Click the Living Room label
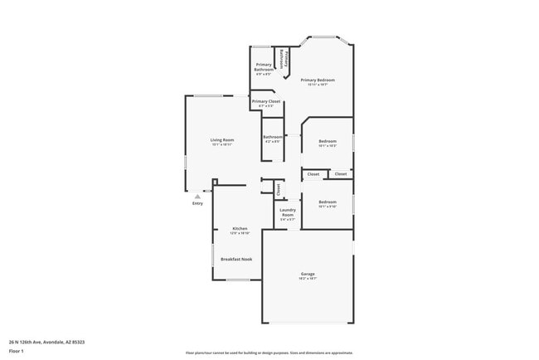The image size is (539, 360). tap(221, 140)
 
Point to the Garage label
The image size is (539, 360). tap(308, 274)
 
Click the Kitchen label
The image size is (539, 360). tap(240, 228)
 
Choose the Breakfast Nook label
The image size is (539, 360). tap(236, 259)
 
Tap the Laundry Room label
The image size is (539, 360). tap(288, 212)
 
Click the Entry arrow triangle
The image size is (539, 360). tap(197, 197)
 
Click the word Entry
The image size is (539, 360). tap(197, 203)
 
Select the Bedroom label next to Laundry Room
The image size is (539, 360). tap(328, 202)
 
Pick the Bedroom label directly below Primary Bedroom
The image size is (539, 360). tap(328, 141)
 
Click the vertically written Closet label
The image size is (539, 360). tap(279, 189)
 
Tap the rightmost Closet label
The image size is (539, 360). tap(341, 174)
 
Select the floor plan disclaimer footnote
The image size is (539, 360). tap(269, 352)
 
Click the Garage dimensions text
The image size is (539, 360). tap(308, 279)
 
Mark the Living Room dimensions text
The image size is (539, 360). tap(221, 145)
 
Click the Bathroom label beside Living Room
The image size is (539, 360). tap(272, 137)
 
